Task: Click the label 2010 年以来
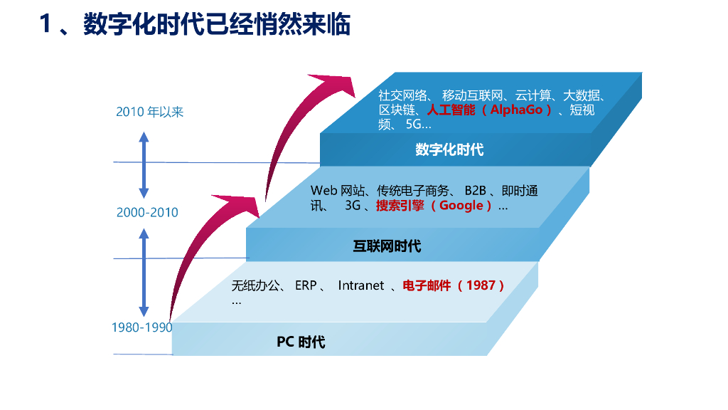pos(150,112)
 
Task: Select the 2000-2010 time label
pos(147,212)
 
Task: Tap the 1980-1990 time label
pos(142,327)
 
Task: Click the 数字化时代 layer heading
pos(449,149)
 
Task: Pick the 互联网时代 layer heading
pos(387,246)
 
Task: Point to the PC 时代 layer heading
pos(301,342)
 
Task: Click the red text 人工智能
pos(451,110)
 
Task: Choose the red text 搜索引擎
pos(400,206)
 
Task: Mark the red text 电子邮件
pos(427,285)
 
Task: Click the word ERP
pos(306,285)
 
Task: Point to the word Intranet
pos(360,285)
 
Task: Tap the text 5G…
pos(418,125)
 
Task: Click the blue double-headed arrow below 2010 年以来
pos(144,164)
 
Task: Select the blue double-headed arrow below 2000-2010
pos(144,271)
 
